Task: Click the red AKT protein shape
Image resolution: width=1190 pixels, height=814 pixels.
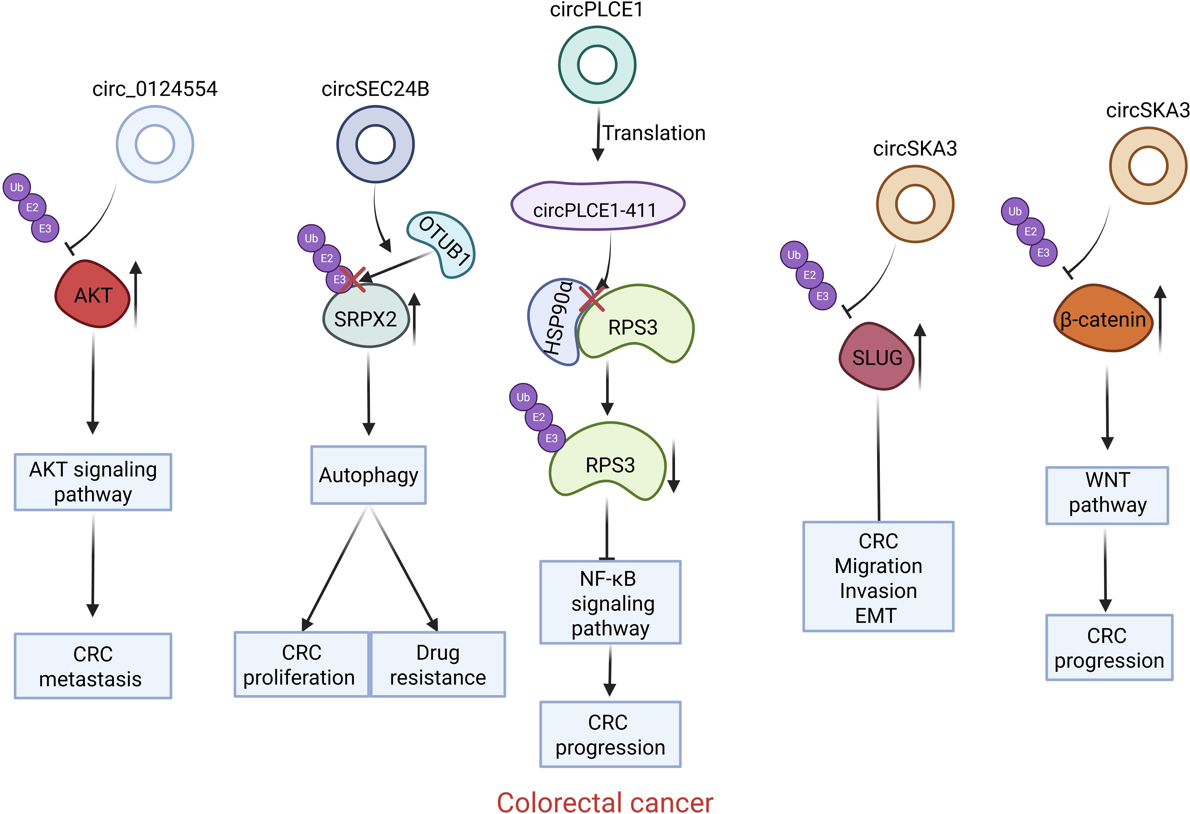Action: click(x=92, y=294)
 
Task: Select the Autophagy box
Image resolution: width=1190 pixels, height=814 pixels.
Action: click(x=368, y=475)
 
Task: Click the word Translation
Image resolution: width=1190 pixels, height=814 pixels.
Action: click(x=654, y=133)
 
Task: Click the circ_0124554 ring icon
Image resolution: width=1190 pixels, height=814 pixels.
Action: click(x=155, y=144)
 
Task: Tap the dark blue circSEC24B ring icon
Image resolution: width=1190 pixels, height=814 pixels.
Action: click(x=375, y=144)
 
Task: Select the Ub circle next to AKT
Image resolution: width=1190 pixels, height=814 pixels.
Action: click(x=17, y=187)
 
